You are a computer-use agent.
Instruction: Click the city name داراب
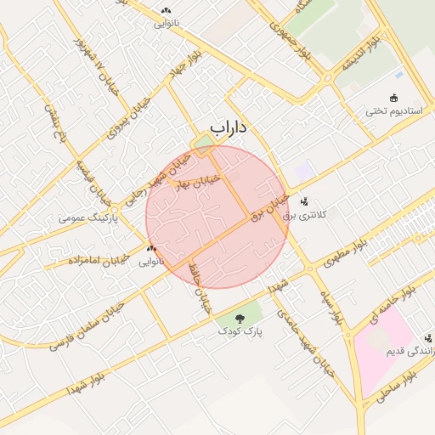228,128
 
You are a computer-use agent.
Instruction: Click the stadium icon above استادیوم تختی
393,98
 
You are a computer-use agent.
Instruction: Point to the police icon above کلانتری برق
304,201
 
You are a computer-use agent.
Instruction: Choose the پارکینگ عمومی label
88,218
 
